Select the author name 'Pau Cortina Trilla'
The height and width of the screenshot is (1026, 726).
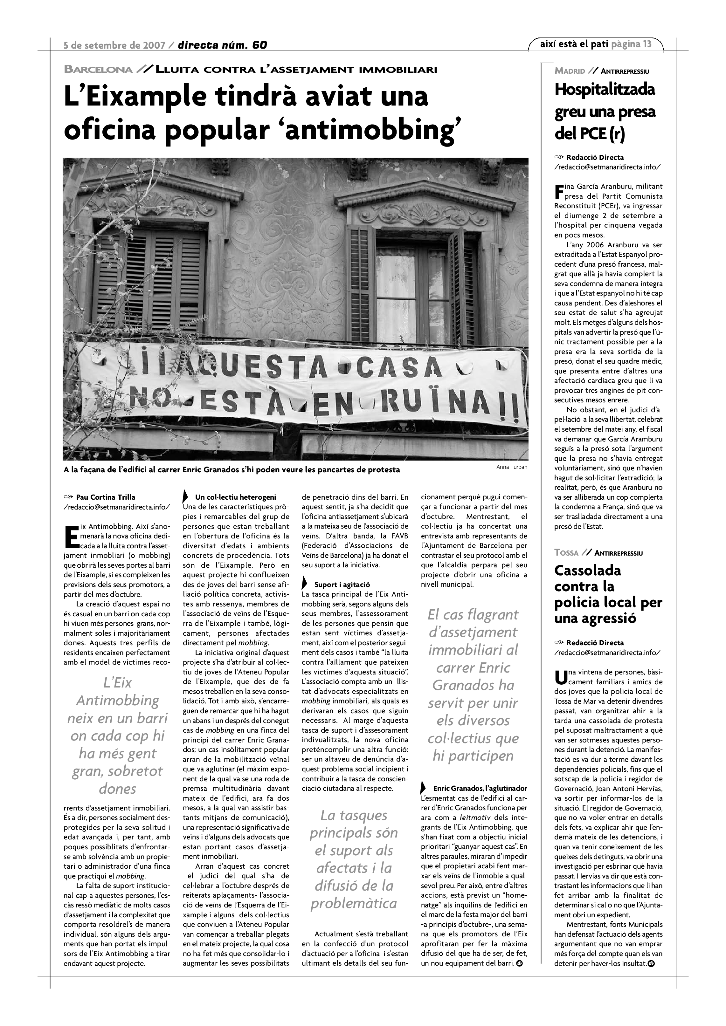point(106,497)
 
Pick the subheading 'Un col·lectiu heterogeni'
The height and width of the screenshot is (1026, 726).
point(235,497)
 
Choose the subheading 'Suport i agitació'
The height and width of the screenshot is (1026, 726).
point(342,585)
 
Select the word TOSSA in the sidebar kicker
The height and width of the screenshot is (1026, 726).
point(566,553)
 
